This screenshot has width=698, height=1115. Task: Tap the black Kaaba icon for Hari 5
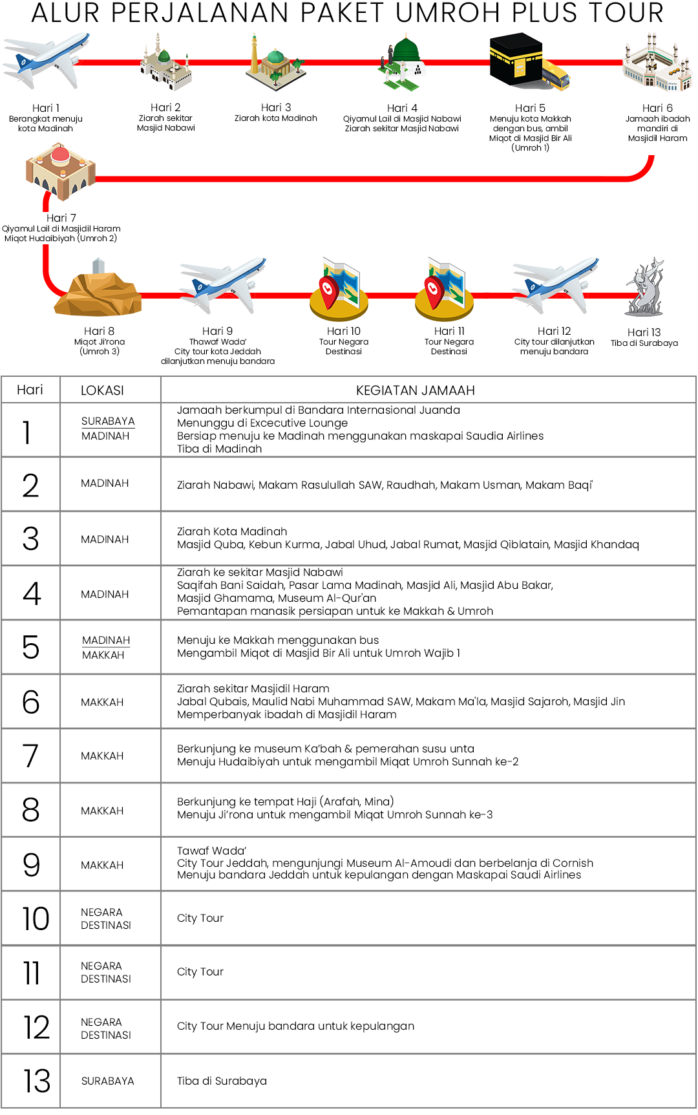516,60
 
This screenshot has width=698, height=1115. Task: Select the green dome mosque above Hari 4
403,61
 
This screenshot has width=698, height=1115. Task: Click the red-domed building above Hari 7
60,171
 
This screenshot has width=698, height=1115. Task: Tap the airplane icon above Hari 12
556,284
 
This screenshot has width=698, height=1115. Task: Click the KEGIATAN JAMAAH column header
415,390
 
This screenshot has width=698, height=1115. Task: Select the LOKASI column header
102,390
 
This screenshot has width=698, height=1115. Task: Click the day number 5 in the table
30,647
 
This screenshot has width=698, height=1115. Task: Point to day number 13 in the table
36,1081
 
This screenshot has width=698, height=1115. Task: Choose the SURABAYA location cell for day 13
108,1081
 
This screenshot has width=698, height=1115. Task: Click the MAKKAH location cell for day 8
102,811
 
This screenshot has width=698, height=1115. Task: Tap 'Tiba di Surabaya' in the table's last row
222,1081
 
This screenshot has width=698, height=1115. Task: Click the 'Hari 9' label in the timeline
217,331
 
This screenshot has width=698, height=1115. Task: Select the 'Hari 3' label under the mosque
276,107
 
